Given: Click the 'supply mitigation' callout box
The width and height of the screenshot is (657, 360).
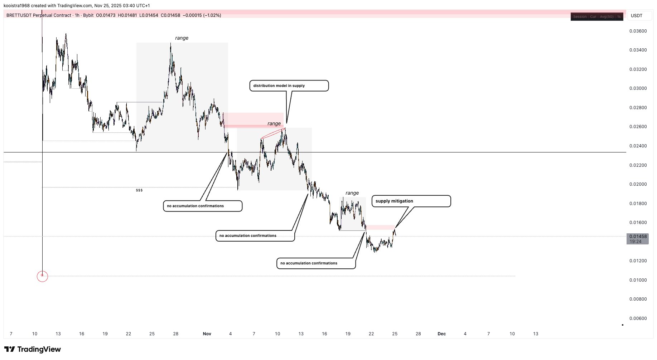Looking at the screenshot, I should click(411, 201).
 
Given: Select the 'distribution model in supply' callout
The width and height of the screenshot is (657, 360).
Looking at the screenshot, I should click(289, 86).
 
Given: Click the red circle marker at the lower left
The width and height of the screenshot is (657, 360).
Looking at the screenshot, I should click(42, 276).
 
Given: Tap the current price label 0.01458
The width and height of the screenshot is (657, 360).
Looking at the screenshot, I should click(638, 237).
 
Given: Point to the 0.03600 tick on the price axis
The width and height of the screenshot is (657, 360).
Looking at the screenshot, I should click(638, 31).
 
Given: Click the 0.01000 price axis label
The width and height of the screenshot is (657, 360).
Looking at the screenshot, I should click(638, 280).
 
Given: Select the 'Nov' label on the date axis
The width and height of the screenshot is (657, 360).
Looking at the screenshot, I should click(207, 334).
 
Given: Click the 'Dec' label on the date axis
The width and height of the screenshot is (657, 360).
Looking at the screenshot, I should click(441, 334).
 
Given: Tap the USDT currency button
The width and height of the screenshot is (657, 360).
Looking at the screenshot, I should click(637, 16).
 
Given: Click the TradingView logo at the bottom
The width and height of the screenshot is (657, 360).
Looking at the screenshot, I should click(33, 349).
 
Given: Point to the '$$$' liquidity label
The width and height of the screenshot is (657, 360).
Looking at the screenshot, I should click(139, 190).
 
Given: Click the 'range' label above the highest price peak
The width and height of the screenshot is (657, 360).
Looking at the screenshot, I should click(182, 38).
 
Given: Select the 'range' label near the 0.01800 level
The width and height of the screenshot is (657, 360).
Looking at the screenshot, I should click(352, 193).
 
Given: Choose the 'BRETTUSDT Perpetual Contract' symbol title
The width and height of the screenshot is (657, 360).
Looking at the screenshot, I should click(39, 15).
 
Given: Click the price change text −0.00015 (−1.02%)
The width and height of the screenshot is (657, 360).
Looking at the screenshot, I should click(202, 15).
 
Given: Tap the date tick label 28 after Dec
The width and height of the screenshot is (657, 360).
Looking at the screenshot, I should click(418, 334).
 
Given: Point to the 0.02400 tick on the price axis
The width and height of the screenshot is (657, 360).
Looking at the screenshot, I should click(638, 146).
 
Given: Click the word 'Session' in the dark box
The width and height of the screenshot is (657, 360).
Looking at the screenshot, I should click(580, 17).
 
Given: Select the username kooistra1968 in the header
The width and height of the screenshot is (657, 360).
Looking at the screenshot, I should click(16, 6).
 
